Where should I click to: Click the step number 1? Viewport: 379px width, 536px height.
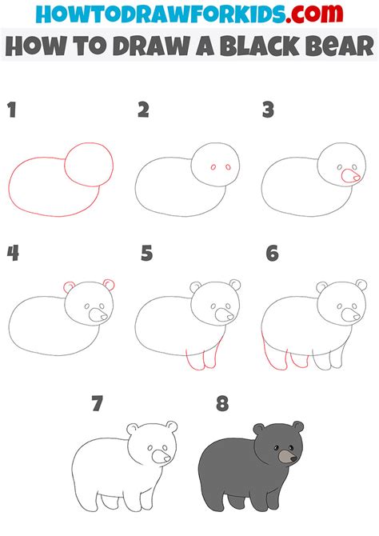click(x=12, y=110)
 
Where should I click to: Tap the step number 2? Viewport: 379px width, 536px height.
click(x=144, y=110)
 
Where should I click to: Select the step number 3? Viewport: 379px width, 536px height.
click(x=269, y=110)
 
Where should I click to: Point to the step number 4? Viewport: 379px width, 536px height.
click(x=13, y=254)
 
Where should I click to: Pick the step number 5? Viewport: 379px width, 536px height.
click(x=146, y=254)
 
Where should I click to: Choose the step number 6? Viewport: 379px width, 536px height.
click(x=273, y=254)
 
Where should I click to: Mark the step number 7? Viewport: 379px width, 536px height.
click(x=97, y=403)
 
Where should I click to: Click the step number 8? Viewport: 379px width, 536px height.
click(x=222, y=403)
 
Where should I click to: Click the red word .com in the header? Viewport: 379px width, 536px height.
click(x=315, y=14)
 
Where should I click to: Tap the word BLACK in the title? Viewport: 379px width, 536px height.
click(x=260, y=46)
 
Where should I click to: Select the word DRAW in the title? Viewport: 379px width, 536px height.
click(x=153, y=46)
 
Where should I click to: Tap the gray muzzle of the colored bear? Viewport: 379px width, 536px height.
click(x=286, y=456)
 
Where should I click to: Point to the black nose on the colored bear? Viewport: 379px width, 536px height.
click(x=293, y=459)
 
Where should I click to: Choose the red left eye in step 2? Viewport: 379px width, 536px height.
click(x=213, y=167)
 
